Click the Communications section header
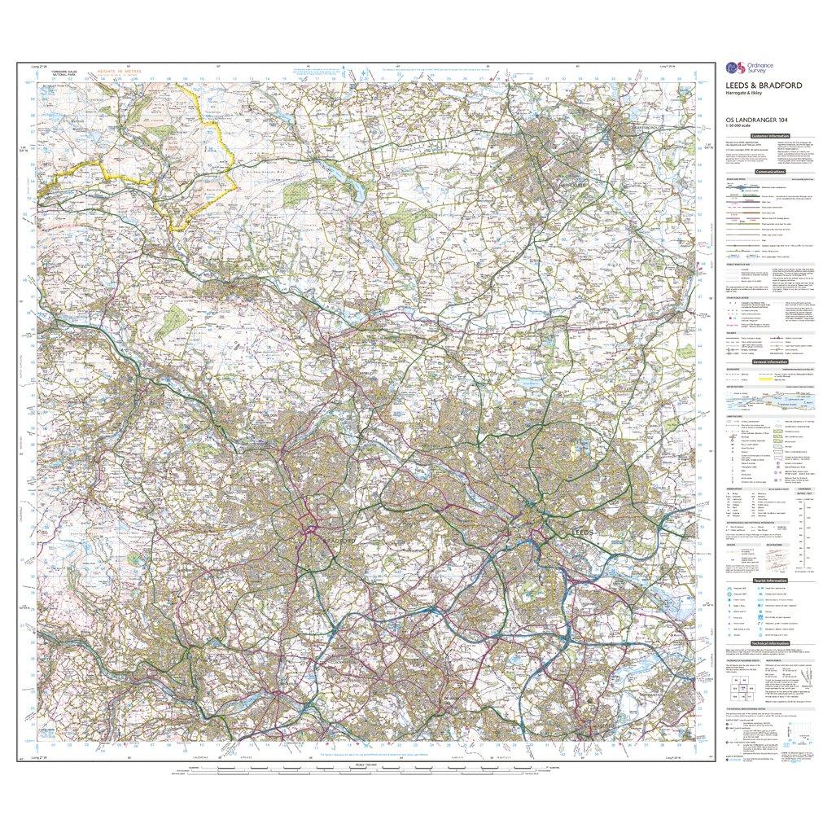[x=770, y=172]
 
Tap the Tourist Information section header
[x=770, y=580]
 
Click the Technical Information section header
[x=770, y=642]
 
